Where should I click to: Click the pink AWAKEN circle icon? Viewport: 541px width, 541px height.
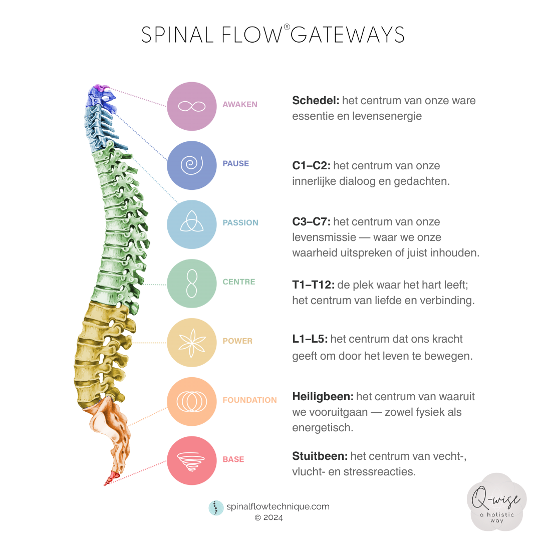coord(192,106)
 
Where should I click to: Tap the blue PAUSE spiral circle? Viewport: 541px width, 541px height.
coord(192,165)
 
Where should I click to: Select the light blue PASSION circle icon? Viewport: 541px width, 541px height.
coord(192,224)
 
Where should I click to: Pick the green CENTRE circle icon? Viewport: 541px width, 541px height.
coord(192,284)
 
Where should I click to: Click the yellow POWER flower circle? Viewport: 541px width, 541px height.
coord(192,343)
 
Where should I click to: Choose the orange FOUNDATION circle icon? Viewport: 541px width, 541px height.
coord(192,402)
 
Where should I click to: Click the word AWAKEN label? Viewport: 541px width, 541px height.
coord(240,105)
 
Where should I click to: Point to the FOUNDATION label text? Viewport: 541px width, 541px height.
coord(249,400)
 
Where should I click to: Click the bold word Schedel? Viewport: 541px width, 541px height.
coord(316,101)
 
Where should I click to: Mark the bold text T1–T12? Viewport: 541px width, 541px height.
coord(313,285)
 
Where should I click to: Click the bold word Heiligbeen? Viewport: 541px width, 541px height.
coord(323,397)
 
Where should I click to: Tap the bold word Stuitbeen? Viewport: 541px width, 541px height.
coord(320,456)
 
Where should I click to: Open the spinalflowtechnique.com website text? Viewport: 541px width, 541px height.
coord(278,506)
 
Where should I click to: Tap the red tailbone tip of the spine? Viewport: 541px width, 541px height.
coord(108,482)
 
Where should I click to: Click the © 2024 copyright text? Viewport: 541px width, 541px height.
coord(268,518)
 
